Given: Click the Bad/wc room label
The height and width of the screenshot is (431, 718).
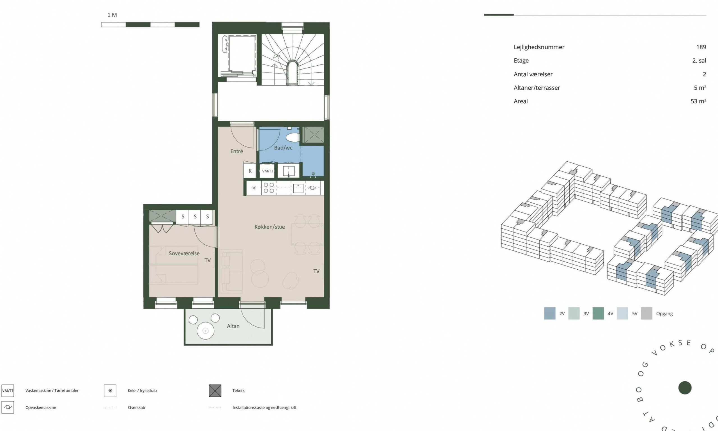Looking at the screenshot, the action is point(283,148).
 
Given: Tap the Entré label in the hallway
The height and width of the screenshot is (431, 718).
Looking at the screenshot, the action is point(236,151).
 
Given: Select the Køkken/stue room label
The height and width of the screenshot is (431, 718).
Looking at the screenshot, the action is point(270,227).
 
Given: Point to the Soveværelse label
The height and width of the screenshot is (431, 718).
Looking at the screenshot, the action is point(184,253).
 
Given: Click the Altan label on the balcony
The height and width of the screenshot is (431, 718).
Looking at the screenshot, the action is point(233,326).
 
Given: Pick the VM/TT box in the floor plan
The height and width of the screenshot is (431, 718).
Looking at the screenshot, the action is point(267,171).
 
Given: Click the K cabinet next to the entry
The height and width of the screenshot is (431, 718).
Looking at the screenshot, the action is point(250,171).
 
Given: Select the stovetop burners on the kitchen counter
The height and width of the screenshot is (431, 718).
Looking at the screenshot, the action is point(269,188).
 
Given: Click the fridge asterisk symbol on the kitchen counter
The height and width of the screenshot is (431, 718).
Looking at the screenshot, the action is point(254,188).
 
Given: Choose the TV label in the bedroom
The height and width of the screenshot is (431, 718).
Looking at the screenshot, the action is point(208,260).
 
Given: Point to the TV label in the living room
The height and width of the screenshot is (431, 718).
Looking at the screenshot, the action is point(316,271).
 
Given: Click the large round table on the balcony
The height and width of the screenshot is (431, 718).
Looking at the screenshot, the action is point(206,331).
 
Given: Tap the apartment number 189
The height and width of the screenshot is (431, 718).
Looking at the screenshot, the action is point(701,47).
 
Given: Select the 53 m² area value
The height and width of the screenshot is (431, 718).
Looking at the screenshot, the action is point(698,101).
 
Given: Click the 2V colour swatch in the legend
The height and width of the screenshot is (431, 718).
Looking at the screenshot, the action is point(550,313).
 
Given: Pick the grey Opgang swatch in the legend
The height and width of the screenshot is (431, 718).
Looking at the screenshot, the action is point(646,313).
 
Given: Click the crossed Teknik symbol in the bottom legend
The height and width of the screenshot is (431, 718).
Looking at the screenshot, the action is point(215,391).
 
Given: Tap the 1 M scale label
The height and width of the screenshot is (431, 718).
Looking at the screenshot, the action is point(112,15).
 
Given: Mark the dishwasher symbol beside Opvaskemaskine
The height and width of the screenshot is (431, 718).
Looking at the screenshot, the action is point(8,407).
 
